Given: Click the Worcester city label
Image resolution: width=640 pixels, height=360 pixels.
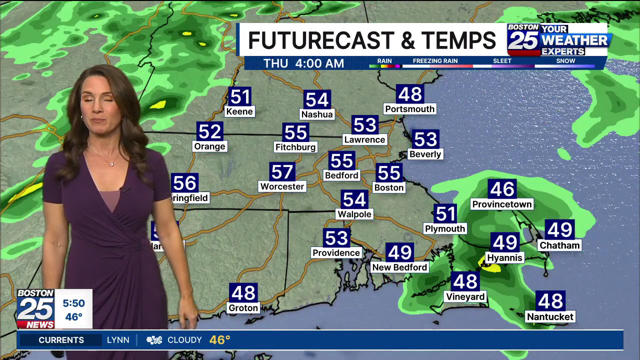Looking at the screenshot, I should [282, 186].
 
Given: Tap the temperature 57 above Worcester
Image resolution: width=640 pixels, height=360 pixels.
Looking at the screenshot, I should [282, 172].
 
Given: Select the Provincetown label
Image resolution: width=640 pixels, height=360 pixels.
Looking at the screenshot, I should [502, 204].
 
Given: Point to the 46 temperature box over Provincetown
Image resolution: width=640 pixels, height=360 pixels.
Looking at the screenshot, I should [502, 189].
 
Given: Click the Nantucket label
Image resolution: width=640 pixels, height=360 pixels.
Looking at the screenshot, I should [550, 316].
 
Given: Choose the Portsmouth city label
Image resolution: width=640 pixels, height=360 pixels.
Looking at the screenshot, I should [409, 108].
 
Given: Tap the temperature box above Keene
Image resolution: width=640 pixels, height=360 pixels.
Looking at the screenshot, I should [239, 96].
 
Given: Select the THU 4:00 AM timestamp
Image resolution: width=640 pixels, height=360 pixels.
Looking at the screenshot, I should [303, 63].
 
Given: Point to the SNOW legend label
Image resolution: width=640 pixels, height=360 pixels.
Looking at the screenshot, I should [565, 61].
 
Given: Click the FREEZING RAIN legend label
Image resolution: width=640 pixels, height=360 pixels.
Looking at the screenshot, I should [435, 61].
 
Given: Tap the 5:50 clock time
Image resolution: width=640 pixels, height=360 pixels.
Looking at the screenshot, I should [73, 303].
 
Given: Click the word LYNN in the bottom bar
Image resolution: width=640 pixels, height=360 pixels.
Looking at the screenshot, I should [118, 340].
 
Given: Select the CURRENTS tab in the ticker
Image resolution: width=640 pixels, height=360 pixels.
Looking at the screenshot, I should [61, 340].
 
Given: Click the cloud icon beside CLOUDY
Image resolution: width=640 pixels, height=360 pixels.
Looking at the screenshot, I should [154, 340].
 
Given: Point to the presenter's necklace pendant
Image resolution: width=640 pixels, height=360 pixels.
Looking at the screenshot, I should [111, 163].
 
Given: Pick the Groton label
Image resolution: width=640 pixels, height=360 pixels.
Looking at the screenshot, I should [243, 308].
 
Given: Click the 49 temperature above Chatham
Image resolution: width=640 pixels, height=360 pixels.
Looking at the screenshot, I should [559, 230].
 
